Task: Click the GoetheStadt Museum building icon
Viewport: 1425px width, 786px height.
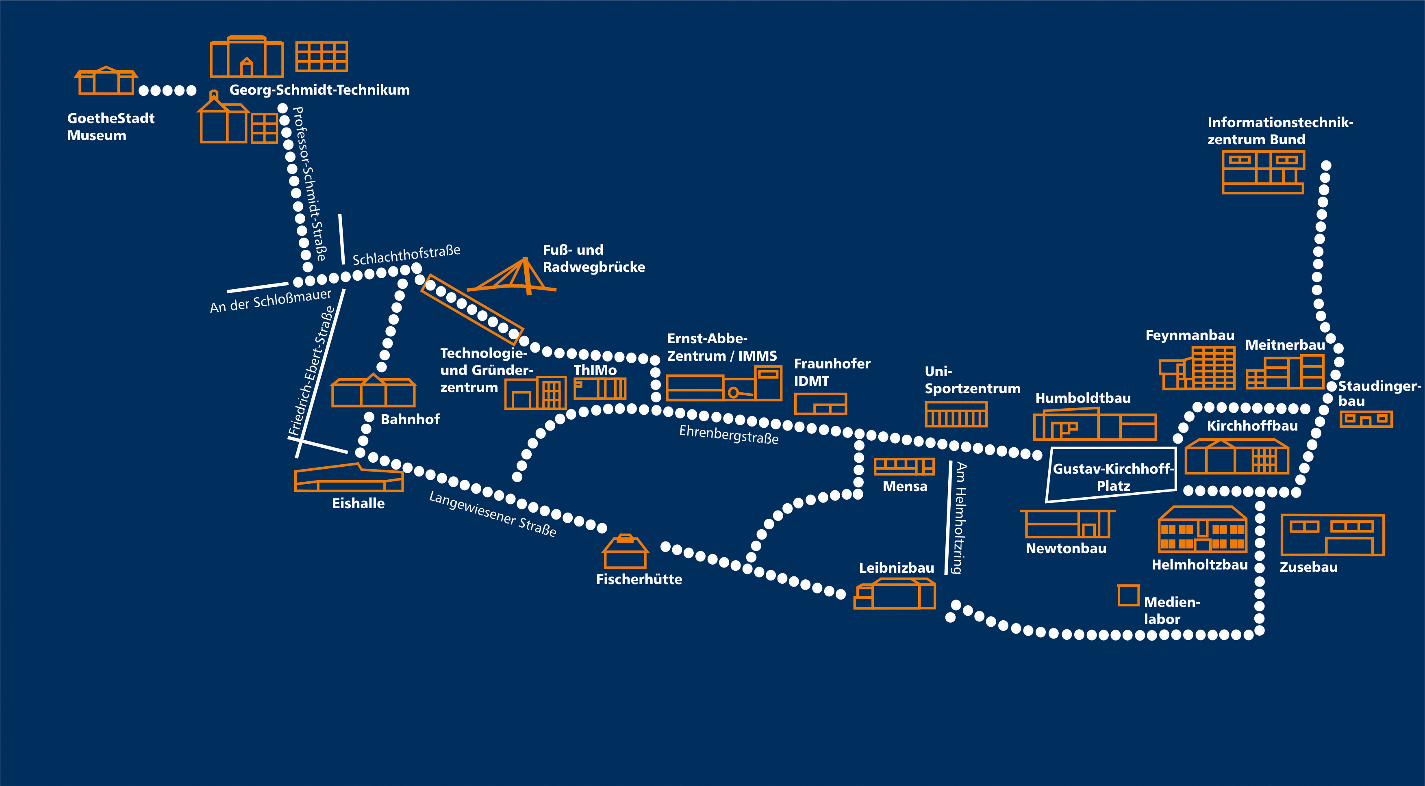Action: (106, 81)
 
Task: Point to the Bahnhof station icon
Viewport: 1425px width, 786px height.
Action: (374, 391)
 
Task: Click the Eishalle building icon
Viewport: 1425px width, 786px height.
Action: (348, 479)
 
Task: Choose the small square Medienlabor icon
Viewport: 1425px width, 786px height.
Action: (1128, 595)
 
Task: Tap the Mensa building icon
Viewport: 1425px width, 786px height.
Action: (904, 466)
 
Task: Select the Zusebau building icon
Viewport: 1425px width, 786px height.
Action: (1332, 535)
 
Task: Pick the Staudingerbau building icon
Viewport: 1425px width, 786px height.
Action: (1366, 418)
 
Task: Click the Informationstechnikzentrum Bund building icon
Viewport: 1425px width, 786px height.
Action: (1263, 172)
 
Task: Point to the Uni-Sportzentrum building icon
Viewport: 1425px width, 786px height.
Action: (956, 414)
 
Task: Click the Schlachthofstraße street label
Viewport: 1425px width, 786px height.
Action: (406, 256)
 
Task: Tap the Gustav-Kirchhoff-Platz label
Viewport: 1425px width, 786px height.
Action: (1112, 477)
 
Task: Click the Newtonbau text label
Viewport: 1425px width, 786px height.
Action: (1065, 548)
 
